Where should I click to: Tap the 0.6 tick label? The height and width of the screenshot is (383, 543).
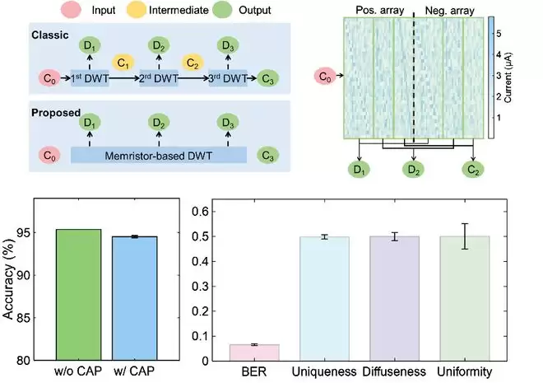(190, 212)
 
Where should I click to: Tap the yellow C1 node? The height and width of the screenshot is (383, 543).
(123, 63)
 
